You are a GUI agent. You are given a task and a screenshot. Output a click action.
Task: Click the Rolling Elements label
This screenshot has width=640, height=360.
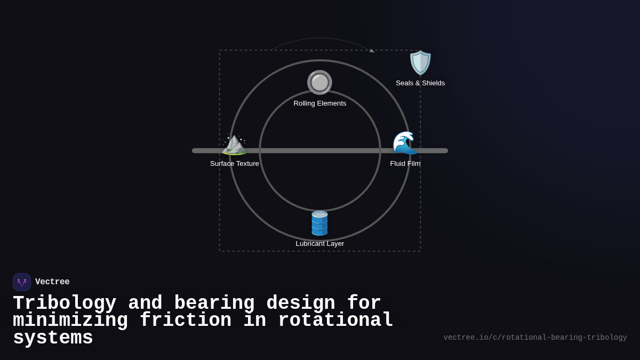tap(319, 103)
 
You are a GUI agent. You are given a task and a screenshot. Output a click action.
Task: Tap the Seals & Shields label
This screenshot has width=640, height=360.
tap(420, 83)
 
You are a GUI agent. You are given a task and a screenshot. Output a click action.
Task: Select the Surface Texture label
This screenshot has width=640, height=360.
tap(235, 164)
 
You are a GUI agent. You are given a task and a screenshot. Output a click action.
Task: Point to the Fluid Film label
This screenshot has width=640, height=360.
tap(405, 164)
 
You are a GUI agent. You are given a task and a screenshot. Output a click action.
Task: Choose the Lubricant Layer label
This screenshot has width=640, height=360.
tap(320, 244)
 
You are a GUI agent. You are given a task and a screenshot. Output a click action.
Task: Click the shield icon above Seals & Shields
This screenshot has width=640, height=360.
tap(420, 63)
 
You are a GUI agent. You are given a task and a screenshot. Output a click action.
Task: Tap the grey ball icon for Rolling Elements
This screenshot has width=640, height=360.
tap(319, 82)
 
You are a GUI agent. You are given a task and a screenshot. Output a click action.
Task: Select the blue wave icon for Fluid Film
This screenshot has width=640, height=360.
tap(405, 143)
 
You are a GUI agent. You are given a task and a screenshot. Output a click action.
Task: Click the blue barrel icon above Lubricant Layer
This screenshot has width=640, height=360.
tap(319, 223)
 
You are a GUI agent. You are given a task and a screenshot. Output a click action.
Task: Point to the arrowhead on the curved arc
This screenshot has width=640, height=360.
tap(372, 51)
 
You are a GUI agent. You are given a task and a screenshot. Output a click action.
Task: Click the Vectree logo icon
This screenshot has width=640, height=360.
tap(22, 282)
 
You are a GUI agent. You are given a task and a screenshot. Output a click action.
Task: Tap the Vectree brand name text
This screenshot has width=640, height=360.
tap(52, 282)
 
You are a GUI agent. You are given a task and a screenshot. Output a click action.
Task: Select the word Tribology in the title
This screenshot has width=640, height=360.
tap(65, 303)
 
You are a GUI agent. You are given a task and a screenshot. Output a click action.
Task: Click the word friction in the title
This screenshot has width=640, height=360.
tap(185, 321)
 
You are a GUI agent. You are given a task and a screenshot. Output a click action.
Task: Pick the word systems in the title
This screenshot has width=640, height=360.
tap(53, 338)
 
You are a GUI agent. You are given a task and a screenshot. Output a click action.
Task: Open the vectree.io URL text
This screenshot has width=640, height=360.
tap(535, 338)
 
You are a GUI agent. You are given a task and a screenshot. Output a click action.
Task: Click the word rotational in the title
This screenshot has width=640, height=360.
tap(335, 321)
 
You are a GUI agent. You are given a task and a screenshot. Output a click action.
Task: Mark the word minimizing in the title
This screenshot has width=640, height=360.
tap(70, 321)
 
